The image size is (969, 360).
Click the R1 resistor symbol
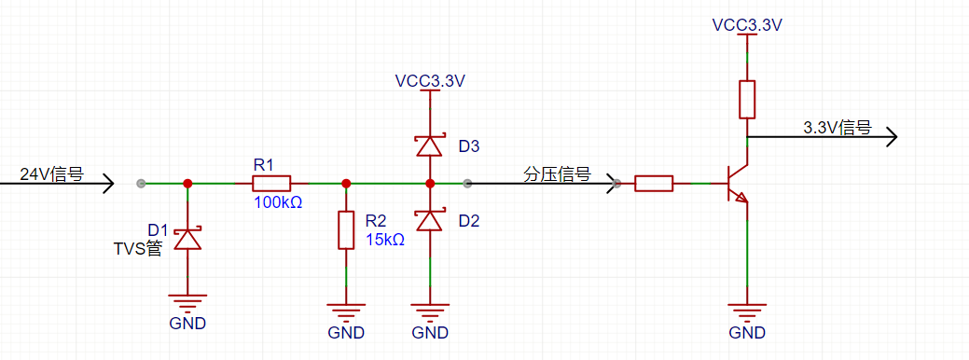(271, 184)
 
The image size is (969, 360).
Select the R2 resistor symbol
(346, 230)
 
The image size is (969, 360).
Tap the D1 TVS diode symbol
(187, 239)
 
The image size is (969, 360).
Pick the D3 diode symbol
(430, 146)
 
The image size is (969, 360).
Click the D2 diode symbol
(430, 220)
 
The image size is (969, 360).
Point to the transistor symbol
(738, 184)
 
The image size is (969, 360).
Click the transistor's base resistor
(654, 184)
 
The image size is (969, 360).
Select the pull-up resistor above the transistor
(747, 99)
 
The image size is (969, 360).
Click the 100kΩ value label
(278, 202)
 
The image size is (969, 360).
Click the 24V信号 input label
(52, 174)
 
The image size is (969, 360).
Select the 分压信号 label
(558, 174)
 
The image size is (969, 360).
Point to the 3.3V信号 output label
(837, 128)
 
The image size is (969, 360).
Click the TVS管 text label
(138, 249)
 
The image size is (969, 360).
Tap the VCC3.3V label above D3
(430, 81)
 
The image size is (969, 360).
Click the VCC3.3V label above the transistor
(747, 25)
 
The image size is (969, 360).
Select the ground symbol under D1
(187, 302)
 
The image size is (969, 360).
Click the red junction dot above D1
(187, 184)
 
